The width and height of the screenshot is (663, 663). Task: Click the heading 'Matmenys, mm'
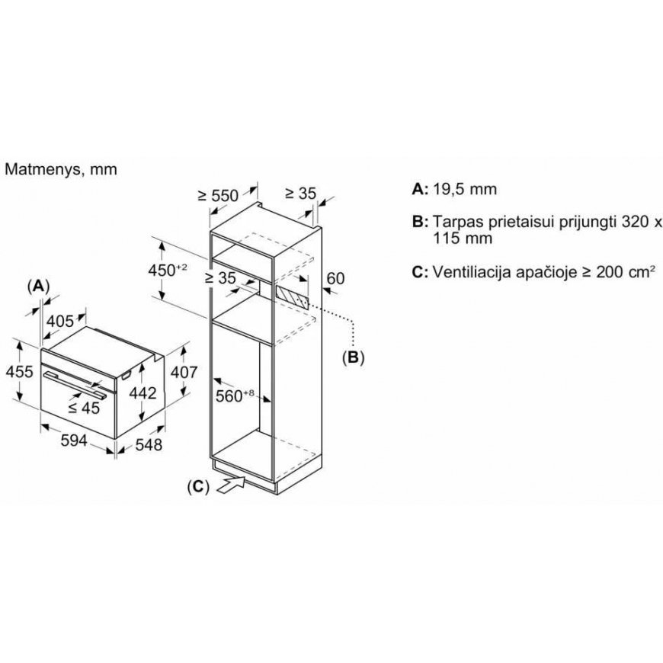(x=60, y=169)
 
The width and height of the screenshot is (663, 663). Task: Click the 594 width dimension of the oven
(x=74, y=440)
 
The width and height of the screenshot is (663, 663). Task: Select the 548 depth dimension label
(x=149, y=444)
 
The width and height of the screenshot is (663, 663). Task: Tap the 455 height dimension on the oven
(x=19, y=372)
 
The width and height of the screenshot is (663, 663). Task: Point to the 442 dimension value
(x=143, y=393)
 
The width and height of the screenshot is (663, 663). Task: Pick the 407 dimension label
(x=184, y=372)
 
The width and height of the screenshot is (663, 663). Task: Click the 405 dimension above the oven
(x=60, y=322)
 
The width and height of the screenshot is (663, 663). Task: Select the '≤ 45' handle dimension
(x=84, y=408)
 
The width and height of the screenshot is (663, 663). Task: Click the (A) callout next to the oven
(x=38, y=287)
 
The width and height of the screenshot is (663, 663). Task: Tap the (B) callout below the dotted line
(x=353, y=357)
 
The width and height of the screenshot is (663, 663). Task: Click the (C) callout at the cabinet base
(x=198, y=487)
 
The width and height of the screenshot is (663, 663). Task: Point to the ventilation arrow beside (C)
(x=231, y=484)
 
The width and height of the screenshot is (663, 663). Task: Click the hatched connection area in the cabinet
(x=292, y=296)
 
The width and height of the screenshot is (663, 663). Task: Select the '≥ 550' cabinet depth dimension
(x=218, y=195)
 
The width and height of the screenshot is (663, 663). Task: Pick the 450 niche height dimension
(x=168, y=270)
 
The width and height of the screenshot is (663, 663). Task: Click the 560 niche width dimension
(x=235, y=396)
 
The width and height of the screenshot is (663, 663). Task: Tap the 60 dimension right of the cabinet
(x=336, y=278)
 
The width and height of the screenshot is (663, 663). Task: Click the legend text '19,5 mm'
(x=465, y=189)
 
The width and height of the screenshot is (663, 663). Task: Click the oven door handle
(x=75, y=384)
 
